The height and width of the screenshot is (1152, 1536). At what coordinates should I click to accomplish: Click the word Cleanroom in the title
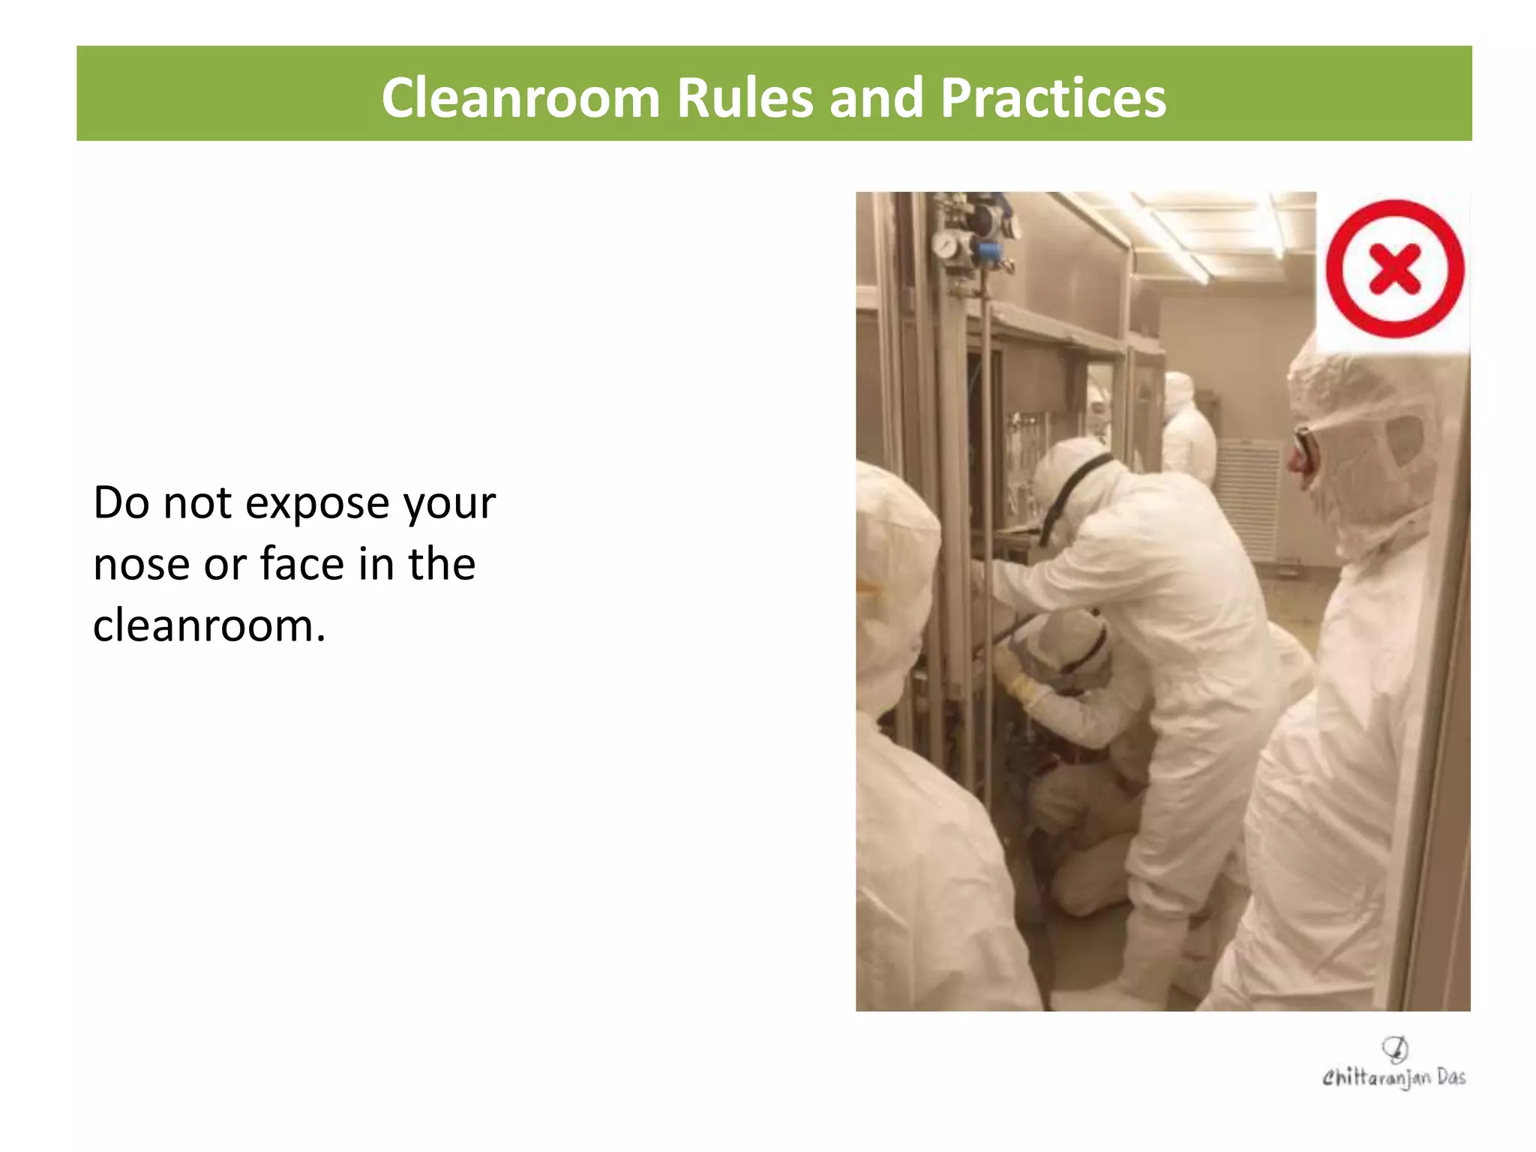[x=520, y=97]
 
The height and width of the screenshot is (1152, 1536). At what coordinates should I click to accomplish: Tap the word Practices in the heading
[x=1053, y=97]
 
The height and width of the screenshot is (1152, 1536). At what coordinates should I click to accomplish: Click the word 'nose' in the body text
[x=140, y=565]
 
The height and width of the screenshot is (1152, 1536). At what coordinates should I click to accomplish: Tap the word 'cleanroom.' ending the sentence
[x=209, y=626]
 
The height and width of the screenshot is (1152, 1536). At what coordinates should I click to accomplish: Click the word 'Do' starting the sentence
[x=121, y=503]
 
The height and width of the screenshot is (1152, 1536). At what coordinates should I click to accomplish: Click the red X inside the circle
[x=1394, y=268]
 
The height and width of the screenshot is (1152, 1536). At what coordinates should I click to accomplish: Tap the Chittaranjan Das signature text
[x=1393, y=1078]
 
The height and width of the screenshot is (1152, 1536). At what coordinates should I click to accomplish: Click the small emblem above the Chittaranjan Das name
[x=1395, y=1048]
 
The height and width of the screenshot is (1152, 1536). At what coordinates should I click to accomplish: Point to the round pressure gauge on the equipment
[x=945, y=244]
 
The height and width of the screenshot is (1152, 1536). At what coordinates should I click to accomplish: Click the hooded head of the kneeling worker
[x=1065, y=645]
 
